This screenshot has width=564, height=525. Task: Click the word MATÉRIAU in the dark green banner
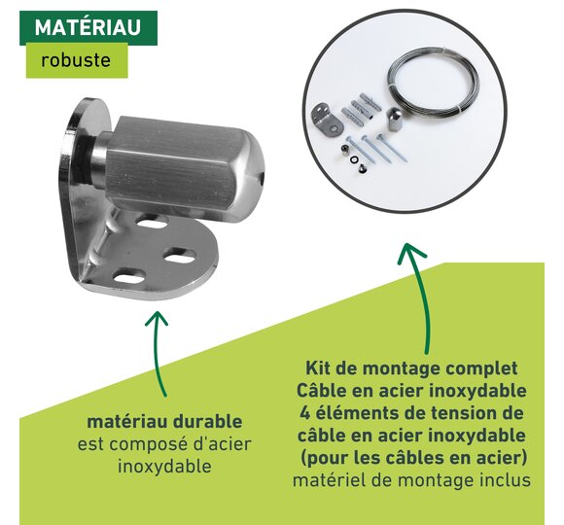(x=88, y=27)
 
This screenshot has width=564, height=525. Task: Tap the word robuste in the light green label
(x=76, y=60)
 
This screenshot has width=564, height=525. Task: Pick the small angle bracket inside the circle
(x=326, y=119)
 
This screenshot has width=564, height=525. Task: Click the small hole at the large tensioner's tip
(x=262, y=176)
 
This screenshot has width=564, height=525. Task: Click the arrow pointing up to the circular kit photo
(x=420, y=298)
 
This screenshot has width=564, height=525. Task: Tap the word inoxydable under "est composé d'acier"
(x=164, y=467)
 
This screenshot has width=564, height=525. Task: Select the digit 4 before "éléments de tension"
(x=305, y=413)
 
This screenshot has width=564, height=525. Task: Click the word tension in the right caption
(x=462, y=413)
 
